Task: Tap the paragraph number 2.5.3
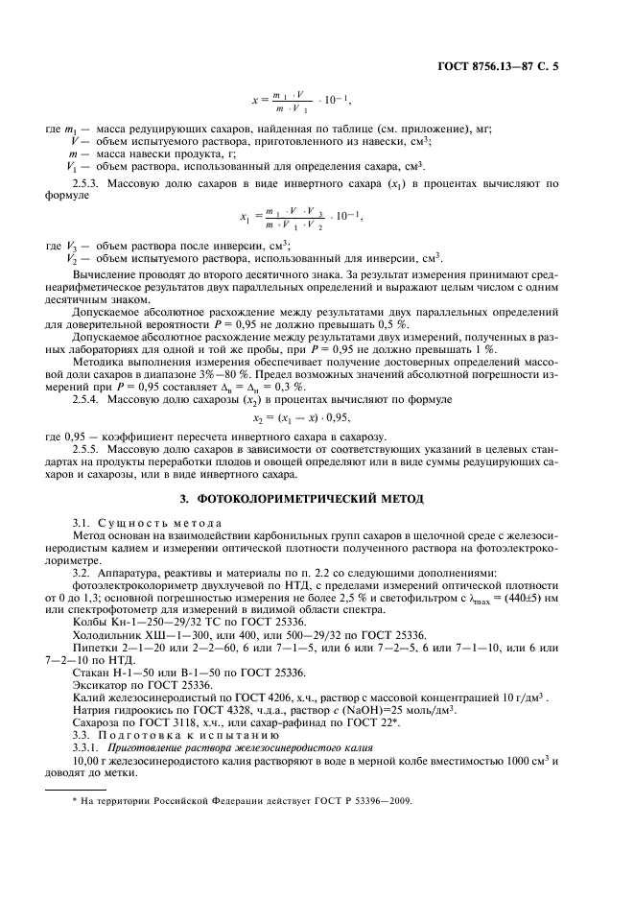pyautogui.click(x=88, y=182)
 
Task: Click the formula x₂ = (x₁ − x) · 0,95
pyautogui.click(x=317, y=418)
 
